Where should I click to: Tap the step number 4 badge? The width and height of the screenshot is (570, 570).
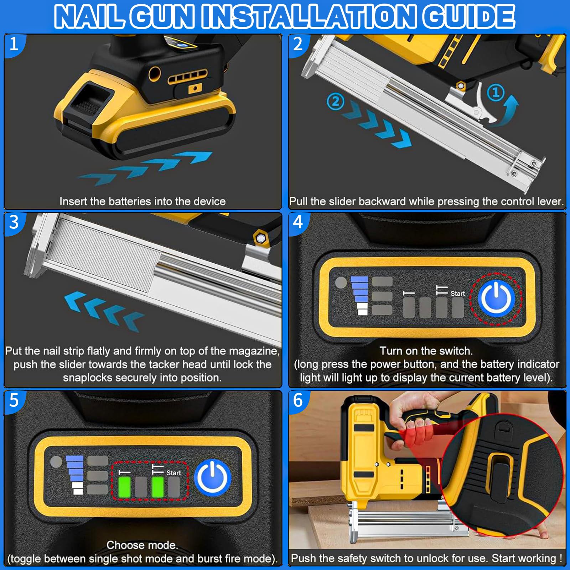[298, 222]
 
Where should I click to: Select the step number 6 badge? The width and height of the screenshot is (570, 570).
[298, 400]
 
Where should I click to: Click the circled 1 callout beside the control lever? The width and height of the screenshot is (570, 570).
[496, 93]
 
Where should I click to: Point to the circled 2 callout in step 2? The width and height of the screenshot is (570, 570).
[335, 102]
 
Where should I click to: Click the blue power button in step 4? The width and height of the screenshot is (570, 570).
[497, 298]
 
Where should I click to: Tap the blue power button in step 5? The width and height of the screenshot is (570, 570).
[213, 477]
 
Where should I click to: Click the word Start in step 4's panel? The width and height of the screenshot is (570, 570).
[458, 294]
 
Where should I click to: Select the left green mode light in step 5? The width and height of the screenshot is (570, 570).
[124, 487]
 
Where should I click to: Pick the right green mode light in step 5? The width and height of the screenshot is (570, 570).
[157, 487]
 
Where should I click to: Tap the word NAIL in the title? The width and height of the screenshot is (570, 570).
[90, 17]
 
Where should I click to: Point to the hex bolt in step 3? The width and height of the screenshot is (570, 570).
[261, 238]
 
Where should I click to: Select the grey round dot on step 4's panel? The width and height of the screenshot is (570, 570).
[341, 283]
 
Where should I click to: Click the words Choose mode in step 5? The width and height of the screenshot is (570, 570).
[142, 545]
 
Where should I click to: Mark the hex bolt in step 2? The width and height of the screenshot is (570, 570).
[461, 85]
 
